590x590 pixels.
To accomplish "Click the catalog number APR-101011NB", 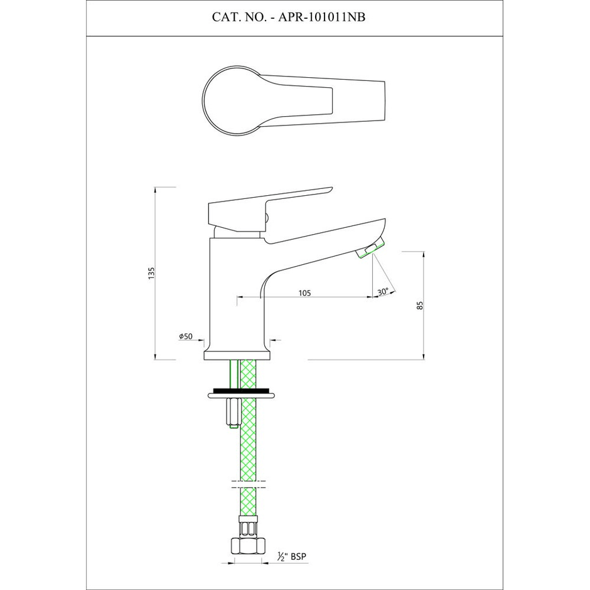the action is point(321,17).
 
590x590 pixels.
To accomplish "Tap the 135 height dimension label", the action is point(151,273).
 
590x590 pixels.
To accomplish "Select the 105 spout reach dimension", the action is point(304,292).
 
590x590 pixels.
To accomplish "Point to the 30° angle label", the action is point(383,292).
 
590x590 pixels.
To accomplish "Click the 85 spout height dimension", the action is point(421,305).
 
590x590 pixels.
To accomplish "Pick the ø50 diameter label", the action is point(186,336).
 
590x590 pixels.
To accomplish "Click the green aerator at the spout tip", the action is point(370,248).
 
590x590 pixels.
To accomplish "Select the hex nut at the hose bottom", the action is point(248,545).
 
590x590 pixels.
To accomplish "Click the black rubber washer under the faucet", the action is point(241,390).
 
